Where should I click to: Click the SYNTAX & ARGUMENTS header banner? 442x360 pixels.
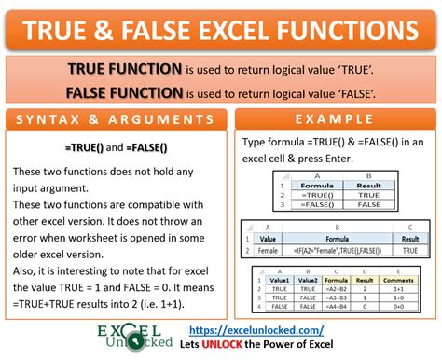[x=117, y=120]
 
